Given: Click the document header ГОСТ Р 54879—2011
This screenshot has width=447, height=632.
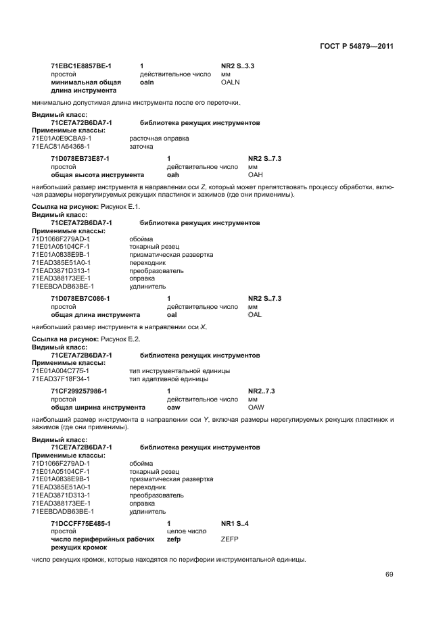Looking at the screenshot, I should (x=356, y=47).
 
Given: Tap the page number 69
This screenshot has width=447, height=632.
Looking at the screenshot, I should (x=389, y=575).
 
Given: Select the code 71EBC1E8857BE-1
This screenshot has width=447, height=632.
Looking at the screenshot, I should (x=81, y=66).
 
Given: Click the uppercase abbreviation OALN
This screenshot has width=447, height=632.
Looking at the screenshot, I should (x=231, y=82).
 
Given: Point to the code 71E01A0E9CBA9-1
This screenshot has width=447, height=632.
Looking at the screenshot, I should (x=61, y=138).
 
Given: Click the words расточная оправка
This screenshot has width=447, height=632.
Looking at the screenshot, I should (x=159, y=138).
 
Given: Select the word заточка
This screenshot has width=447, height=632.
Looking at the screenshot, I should (x=141, y=146).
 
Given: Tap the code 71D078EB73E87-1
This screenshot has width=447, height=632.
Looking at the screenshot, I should (x=80, y=158).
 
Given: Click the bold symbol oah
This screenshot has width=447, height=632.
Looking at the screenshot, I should (x=172, y=174).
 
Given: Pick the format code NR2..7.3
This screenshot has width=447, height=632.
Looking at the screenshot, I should (x=261, y=391).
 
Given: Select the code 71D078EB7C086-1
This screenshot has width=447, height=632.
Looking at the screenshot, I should (x=80, y=298).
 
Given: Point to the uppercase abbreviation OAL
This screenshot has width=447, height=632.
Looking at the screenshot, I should (x=254, y=314).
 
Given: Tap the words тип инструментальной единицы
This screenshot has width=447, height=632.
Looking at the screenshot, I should (x=179, y=371).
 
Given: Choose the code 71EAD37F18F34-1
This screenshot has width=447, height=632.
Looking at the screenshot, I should (x=61, y=379).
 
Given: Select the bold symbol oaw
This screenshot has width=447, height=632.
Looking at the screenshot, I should (x=173, y=408).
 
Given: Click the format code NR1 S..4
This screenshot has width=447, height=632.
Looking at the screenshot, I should (x=235, y=523).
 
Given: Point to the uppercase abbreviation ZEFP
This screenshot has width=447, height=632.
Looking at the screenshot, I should (x=229, y=539).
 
